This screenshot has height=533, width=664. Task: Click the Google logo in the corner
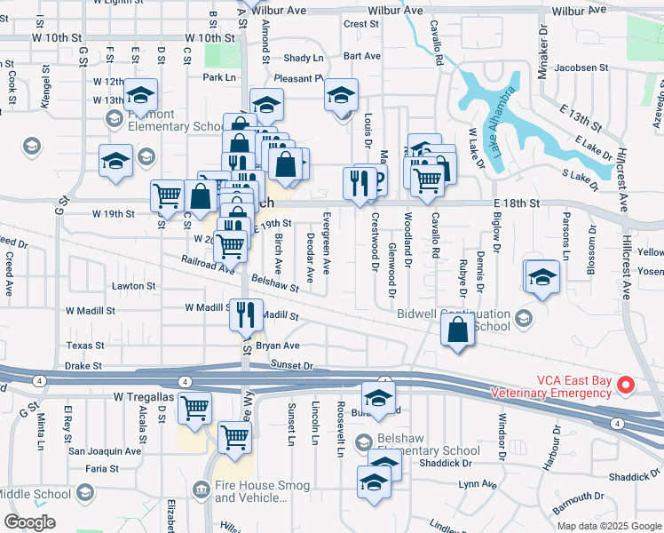[x=29, y=522]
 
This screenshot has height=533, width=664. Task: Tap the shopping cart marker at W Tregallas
[x=194, y=408]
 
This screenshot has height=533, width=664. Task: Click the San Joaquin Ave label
[x=105, y=450]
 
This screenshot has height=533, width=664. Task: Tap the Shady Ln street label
[x=303, y=58]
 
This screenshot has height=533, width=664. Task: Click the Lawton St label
[x=134, y=286]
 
